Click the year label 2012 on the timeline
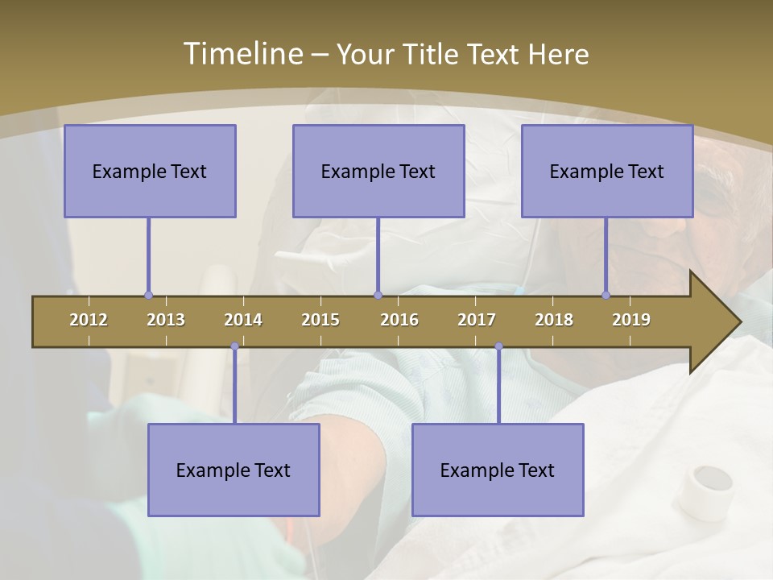(89, 320)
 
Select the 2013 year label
(166, 320)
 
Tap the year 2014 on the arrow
(243, 320)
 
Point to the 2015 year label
(320, 320)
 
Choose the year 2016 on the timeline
(399, 320)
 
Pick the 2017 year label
(477, 320)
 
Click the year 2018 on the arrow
(554, 320)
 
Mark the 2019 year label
(631, 320)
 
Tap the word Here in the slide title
(558, 54)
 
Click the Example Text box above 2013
(150, 171)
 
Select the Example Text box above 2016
(378, 171)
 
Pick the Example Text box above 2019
(607, 171)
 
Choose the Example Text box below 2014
(234, 470)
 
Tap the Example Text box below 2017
(498, 470)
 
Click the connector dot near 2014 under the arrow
(234, 346)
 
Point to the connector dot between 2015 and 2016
(378, 296)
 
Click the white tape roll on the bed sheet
(705, 491)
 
